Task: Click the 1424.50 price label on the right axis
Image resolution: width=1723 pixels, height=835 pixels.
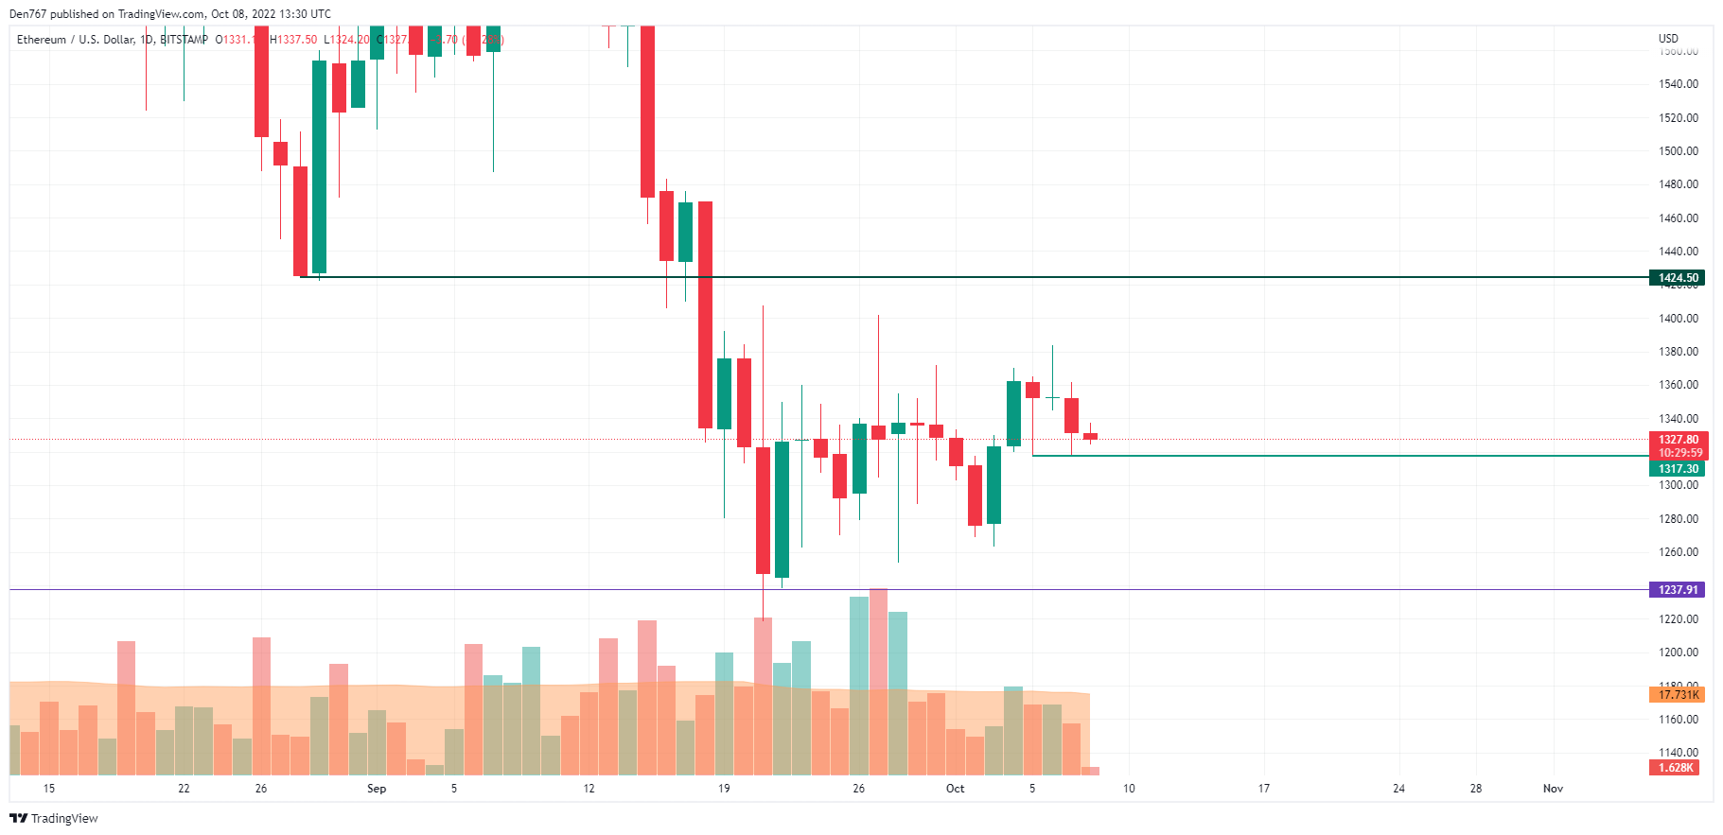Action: point(1678,278)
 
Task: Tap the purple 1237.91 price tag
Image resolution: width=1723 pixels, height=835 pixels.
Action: point(1678,590)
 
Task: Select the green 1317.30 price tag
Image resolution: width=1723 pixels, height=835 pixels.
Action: point(1678,469)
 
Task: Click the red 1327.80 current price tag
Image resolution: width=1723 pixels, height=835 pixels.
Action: point(1678,440)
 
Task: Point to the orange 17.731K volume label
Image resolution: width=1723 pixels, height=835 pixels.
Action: point(1678,695)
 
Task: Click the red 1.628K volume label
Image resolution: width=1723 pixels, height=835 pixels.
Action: point(1675,768)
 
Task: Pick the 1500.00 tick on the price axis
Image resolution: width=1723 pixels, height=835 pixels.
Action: point(1678,151)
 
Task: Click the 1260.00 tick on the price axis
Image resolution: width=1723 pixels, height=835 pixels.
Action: point(1678,552)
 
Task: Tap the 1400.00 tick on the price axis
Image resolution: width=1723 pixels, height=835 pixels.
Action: point(1678,319)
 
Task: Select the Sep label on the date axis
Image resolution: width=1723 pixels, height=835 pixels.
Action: point(377,789)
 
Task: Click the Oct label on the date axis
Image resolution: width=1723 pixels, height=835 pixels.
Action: point(956,789)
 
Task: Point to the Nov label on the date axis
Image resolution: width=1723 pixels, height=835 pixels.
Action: point(1553,789)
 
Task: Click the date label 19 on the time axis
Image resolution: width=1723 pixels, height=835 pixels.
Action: point(724,789)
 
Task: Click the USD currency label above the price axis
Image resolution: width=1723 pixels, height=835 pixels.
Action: point(1668,39)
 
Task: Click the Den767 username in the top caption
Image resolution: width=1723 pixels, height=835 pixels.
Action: point(27,14)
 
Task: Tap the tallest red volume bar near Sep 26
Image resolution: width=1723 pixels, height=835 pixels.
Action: point(878,681)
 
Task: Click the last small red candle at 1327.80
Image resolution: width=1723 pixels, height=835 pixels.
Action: point(1090,437)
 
